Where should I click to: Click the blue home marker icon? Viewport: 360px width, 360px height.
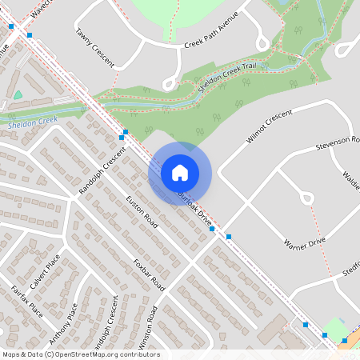[x=180, y=172]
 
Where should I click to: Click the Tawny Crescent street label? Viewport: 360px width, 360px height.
[x=94, y=47]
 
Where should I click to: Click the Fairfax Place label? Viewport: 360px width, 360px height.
[x=26, y=300]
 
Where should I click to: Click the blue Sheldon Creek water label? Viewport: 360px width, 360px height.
[x=32, y=122]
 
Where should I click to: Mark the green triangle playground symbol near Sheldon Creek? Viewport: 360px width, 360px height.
[x=18, y=95]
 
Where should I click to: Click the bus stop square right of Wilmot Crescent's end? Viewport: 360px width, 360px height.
[x=229, y=237]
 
